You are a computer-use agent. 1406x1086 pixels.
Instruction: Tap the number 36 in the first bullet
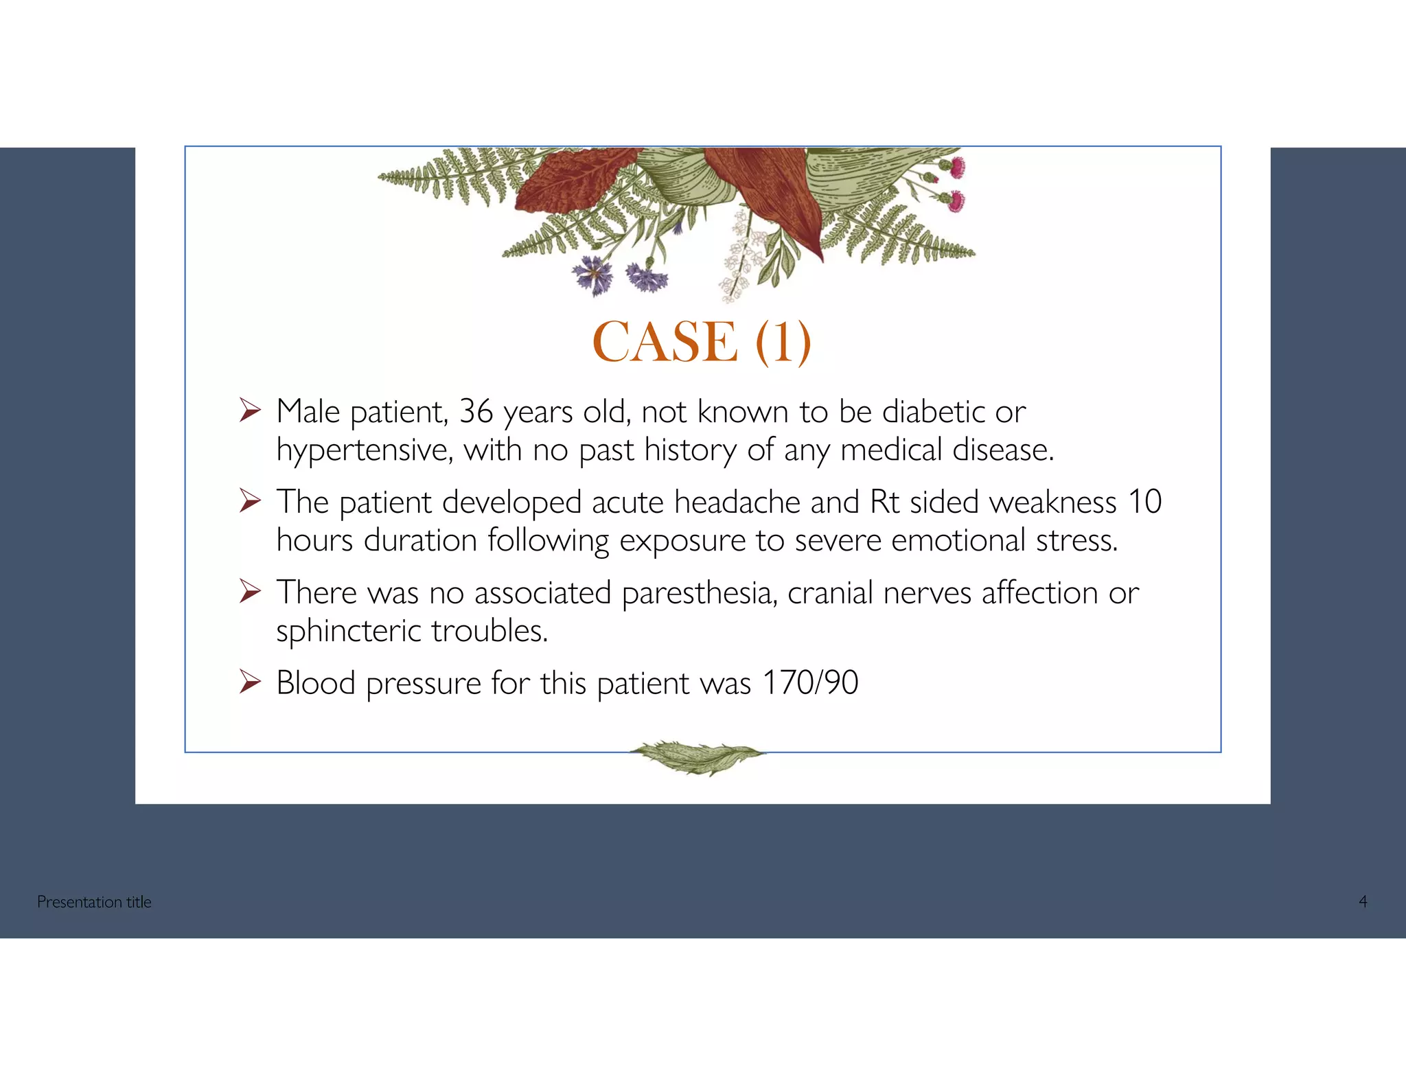click(476, 411)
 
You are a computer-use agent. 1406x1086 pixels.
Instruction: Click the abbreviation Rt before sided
click(884, 502)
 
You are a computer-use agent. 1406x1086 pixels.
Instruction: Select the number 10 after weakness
click(1144, 502)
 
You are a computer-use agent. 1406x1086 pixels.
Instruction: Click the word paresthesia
click(699, 593)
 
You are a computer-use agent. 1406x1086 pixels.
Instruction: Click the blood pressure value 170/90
click(810, 683)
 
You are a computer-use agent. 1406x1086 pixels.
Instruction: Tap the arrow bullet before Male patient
click(250, 411)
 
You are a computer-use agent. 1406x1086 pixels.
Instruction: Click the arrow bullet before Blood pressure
click(250, 682)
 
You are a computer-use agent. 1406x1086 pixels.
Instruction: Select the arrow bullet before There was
click(250, 592)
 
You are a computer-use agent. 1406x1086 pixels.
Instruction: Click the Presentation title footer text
click(94, 902)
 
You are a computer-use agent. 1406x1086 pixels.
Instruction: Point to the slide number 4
click(1363, 902)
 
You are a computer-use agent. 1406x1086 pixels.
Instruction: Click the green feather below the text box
click(696, 757)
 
